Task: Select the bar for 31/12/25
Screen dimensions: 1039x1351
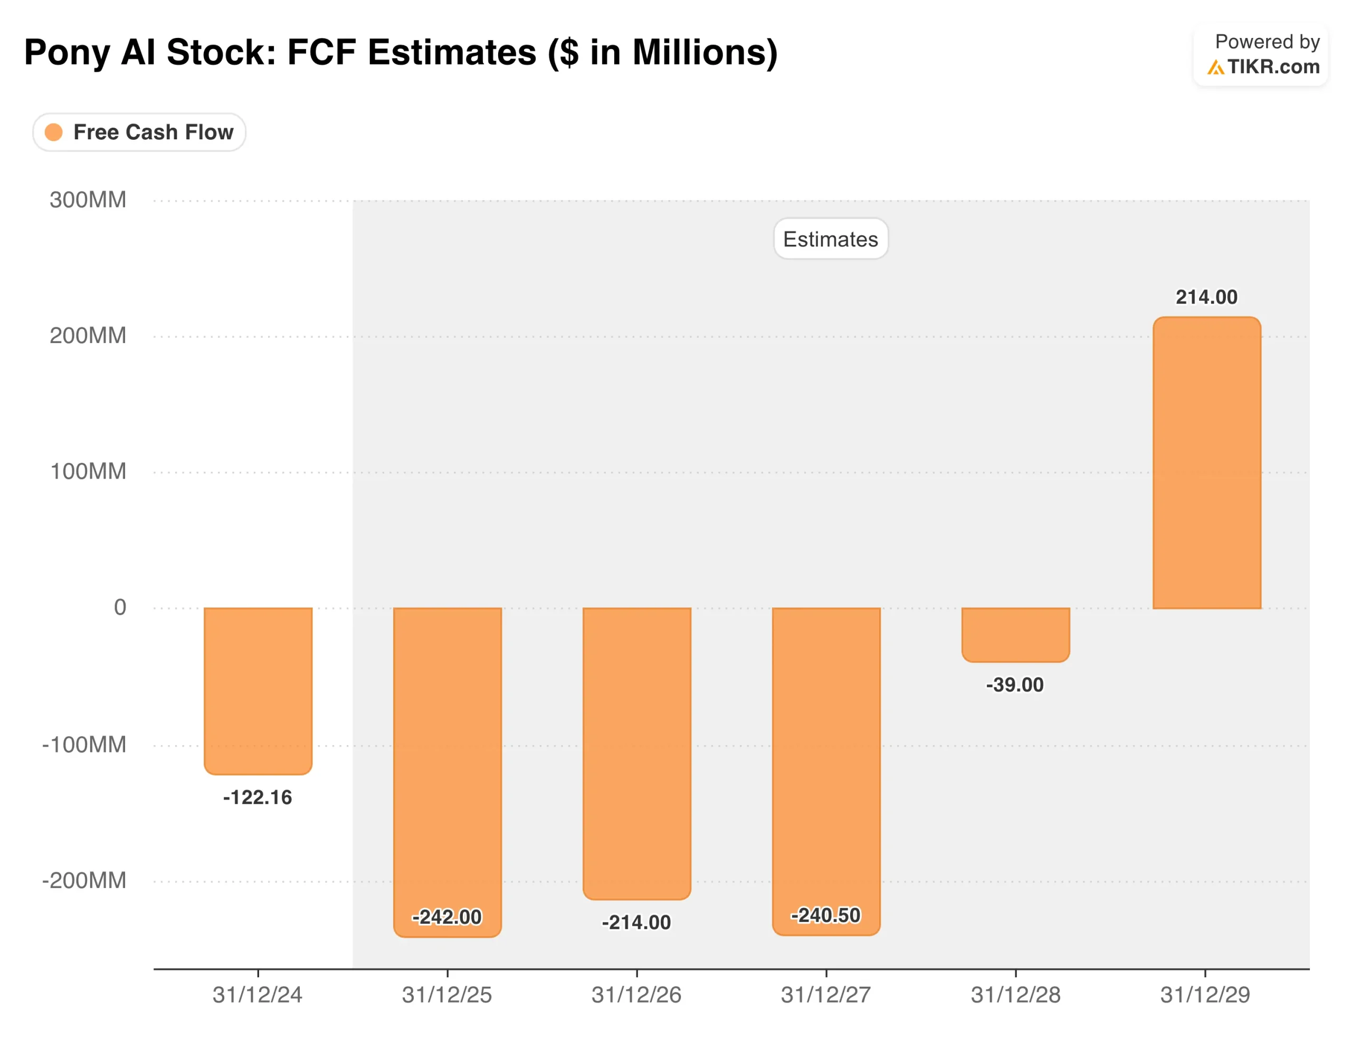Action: (x=447, y=761)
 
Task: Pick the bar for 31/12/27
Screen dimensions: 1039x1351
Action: (x=826, y=761)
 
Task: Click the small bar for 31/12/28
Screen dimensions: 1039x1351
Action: (x=1015, y=634)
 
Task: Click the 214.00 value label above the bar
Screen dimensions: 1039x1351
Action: (x=1206, y=297)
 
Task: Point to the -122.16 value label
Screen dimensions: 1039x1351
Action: (x=258, y=797)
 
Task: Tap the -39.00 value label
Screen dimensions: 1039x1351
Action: (x=1014, y=684)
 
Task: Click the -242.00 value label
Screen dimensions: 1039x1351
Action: (x=446, y=917)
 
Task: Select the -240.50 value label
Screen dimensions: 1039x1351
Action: (x=826, y=914)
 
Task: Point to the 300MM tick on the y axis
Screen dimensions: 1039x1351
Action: (x=88, y=200)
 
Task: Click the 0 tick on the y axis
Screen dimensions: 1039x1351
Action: (x=120, y=607)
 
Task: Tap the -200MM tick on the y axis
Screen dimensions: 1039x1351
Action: (x=84, y=880)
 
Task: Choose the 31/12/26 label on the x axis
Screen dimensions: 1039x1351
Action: (x=636, y=995)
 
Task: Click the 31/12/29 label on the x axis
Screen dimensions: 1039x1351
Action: (x=1205, y=995)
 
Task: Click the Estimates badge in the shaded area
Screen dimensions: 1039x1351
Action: (x=830, y=239)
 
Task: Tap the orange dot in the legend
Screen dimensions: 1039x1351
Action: (x=54, y=132)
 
